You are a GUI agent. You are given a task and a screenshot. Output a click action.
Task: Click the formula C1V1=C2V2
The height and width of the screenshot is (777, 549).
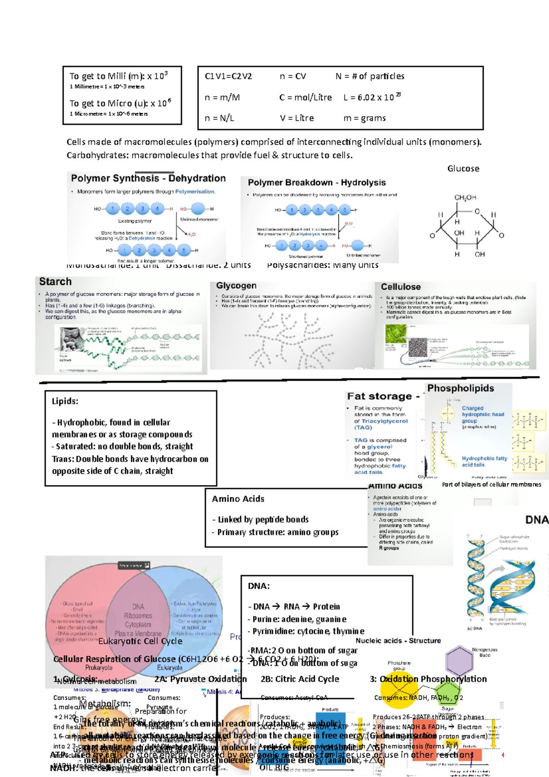click(228, 76)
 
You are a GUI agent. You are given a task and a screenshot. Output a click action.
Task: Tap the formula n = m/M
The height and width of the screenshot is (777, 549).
click(222, 97)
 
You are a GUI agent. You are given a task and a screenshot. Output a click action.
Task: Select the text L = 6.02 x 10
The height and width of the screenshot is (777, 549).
click(369, 97)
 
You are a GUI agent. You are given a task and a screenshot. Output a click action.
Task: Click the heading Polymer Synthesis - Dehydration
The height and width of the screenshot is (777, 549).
click(148, 178)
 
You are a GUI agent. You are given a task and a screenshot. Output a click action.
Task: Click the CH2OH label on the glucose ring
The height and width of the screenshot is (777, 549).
click(465, 198)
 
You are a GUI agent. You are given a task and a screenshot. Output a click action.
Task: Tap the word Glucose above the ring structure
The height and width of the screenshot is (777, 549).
click(463, 168)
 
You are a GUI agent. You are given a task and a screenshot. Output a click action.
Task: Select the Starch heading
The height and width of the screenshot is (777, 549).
click(55, 282)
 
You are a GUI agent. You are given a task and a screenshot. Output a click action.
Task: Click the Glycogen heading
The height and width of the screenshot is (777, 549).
click(236, 286)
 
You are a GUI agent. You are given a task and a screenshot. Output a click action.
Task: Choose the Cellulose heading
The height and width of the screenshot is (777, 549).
click(401, 287)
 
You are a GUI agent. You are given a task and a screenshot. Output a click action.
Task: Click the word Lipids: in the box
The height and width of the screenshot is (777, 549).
click(65, 401)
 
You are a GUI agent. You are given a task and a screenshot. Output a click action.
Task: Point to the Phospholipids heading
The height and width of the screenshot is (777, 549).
click(460, 388)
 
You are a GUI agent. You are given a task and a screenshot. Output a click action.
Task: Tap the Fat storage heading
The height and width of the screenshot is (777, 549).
click(379, 396)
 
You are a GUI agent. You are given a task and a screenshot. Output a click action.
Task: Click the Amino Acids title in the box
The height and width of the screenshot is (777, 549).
click(238, 499)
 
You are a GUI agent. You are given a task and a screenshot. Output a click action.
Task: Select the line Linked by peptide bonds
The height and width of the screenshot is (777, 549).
click(260, 519)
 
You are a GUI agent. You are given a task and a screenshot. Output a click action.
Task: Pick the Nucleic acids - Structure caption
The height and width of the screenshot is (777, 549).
click(398, 641)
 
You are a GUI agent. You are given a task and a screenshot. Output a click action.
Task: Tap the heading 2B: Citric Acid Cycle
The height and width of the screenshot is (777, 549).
click(300, 679)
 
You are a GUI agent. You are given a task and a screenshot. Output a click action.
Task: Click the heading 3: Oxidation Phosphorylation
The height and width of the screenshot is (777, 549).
click(428, 679)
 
